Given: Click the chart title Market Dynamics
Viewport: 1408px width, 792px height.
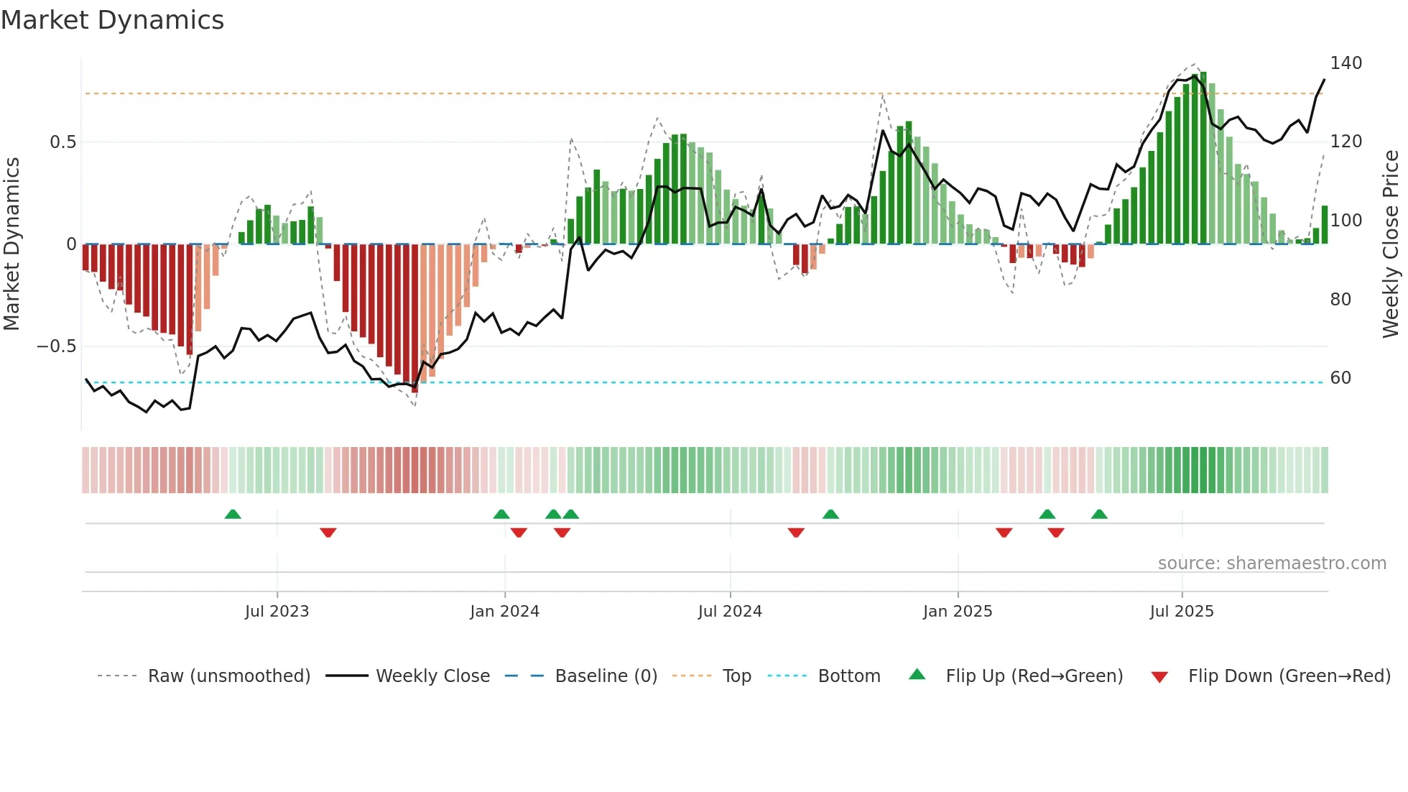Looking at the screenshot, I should tap(112, 20).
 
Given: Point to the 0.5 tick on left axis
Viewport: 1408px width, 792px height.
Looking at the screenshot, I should tap(62, 142).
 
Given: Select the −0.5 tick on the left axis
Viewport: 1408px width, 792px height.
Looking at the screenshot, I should tap(57, 346).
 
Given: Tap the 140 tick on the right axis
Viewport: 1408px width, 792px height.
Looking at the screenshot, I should tap(1346, 63).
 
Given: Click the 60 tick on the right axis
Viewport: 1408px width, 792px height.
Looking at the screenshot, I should tap(1340, 378).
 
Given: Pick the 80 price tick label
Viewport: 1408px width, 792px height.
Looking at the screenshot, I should tap(1340, 300).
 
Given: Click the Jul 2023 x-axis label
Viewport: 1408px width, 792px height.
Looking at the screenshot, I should tap(277, 612).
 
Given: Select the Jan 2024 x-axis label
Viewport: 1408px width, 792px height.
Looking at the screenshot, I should tap(504, 612).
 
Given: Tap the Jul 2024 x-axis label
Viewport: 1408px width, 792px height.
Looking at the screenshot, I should tap(730, 612).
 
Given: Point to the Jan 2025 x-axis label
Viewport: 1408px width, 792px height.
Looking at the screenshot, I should tap(958, 612).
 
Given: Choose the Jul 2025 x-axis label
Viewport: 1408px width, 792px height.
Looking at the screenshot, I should tap(1182, 612).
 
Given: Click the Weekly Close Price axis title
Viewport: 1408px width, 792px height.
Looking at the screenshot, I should tap(1391, 244).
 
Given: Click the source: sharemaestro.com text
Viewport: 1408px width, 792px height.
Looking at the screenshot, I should tap(1272, 563).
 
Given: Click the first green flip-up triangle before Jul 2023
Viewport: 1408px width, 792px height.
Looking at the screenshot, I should tap(233, 514).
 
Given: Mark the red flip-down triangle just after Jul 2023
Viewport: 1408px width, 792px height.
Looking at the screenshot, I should tap(328, 533).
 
